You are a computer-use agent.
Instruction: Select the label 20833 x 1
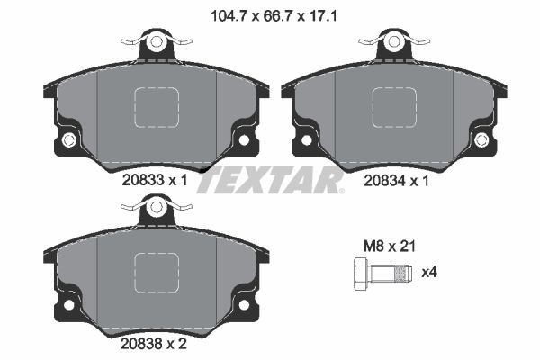coord(156,179)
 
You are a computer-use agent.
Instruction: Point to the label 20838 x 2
coord(156,342)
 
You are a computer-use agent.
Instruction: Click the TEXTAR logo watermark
coord(270,180)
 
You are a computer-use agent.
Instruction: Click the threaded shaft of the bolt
coord(393,271)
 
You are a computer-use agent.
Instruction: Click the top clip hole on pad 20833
coord(157,40)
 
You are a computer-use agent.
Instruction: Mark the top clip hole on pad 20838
coord(157,207)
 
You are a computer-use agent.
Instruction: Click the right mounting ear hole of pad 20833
coord(243,139)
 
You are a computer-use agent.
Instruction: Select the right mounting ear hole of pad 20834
coord(481,139)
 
